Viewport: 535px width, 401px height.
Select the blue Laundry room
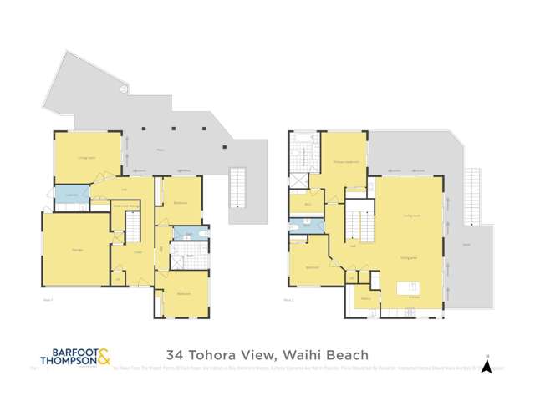coord(71,194)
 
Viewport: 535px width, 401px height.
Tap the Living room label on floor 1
coord(86,156)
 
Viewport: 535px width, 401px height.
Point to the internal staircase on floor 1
coord(132,226)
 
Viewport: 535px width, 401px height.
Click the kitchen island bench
coord(409,289)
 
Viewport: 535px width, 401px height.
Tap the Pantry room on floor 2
coord(366,297)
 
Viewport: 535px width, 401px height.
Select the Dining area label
coord(409,258)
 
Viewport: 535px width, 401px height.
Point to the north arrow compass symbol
coord(494,363)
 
